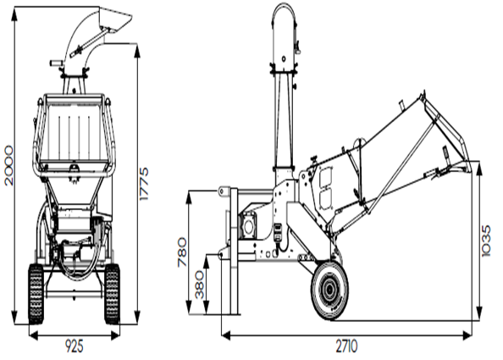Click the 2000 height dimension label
(x=9, y=165)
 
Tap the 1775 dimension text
(x=144, y=184)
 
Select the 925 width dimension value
(x=75, y=346)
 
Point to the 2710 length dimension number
(x=346, y=346)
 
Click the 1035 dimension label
(x=487, y=241)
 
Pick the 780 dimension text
(x=182, y=252)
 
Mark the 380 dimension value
(x=200, y=285)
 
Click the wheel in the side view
(x=329, y=291)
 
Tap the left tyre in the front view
(x=36, y=294)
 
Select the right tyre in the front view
(x=112, y=294)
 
